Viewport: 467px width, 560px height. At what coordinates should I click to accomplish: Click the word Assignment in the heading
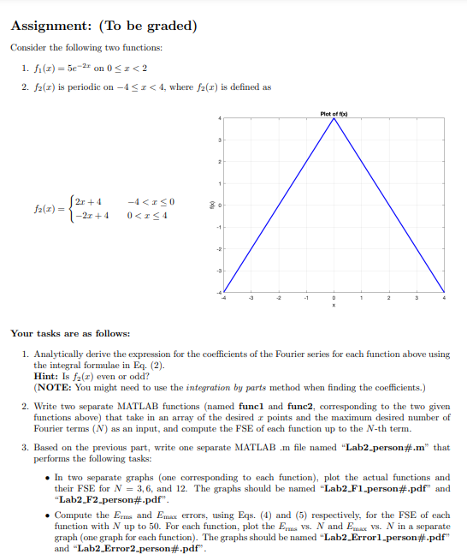pos(48,26)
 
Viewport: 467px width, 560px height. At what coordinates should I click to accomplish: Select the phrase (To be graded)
pos(146,26)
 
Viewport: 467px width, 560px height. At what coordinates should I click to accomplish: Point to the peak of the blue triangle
pos(334,119)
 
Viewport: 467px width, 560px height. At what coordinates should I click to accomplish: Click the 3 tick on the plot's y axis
pos(221,139)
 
